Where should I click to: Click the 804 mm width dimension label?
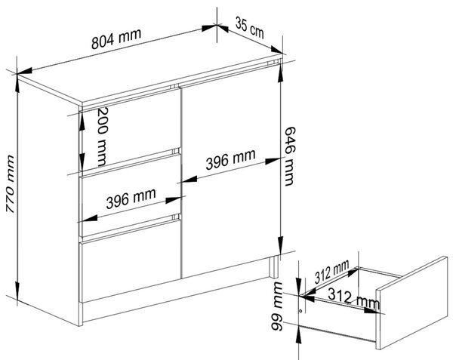tap(116, 38)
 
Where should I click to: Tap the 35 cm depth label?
tap(250, 27)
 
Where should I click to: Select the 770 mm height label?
tap(11, 184)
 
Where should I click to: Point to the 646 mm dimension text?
tap(289, 156)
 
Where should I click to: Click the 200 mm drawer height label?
tap(102, 137)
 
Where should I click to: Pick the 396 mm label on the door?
tap(230, 159)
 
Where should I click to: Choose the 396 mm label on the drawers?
tap(131, 198)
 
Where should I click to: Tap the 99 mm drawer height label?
tap(277, 306)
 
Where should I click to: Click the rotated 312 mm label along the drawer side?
tap(331, 272)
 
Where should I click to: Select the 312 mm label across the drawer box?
tap(353, 299)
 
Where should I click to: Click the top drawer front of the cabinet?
tap(131, 131)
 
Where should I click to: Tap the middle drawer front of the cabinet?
tap(131, 196)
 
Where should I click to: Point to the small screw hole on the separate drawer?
tap(300, 311)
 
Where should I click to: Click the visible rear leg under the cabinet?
tap(273, 267)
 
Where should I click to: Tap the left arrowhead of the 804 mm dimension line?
tap(26, 71)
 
